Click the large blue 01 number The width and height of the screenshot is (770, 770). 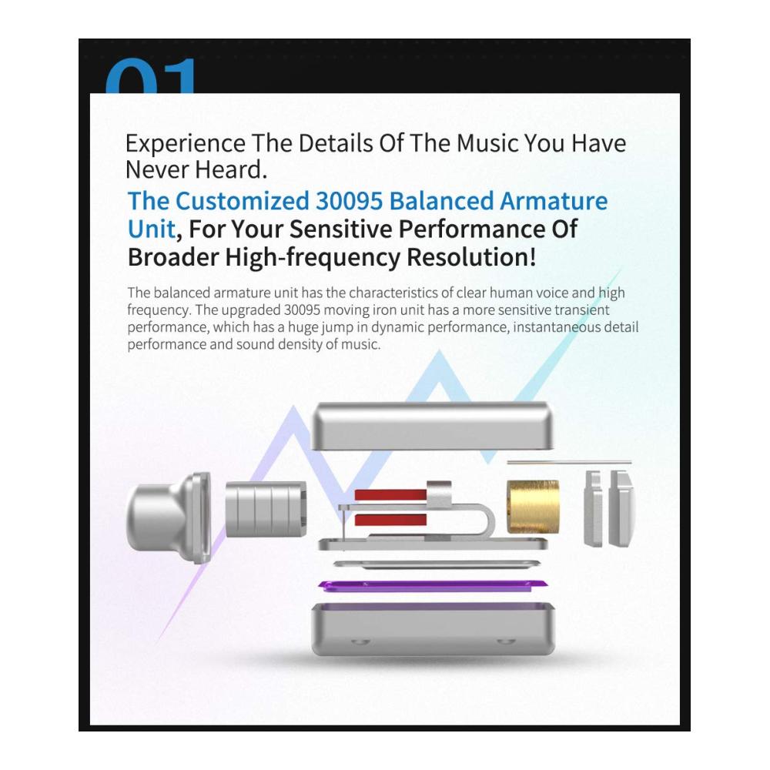(x=150, y=75)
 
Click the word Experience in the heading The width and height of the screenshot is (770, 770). (x=185, y=144)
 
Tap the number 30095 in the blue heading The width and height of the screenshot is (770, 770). (x=349, y=201)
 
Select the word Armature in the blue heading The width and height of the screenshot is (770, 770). (x=554, y=201)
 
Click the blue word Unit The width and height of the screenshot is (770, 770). (x=151, y=229)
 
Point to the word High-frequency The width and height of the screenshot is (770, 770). (x=313, y=258)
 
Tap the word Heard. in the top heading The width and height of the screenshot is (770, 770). (x=231, y=170)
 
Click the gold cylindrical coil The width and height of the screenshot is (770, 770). (x=533, y=507)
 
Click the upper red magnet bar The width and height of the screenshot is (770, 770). (x=390, y=494)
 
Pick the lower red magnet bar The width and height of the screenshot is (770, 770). (x=390, y=520)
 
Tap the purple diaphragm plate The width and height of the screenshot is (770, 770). (x=432, y=584)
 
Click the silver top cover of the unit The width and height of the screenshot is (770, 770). (x=433, y=427)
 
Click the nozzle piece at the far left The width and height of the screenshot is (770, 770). (x=169, y=517)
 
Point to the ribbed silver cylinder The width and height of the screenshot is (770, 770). (x=266, y=509)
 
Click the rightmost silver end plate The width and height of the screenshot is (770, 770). (x=621, y=508)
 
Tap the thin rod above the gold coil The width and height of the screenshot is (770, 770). (x=569, y=462)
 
